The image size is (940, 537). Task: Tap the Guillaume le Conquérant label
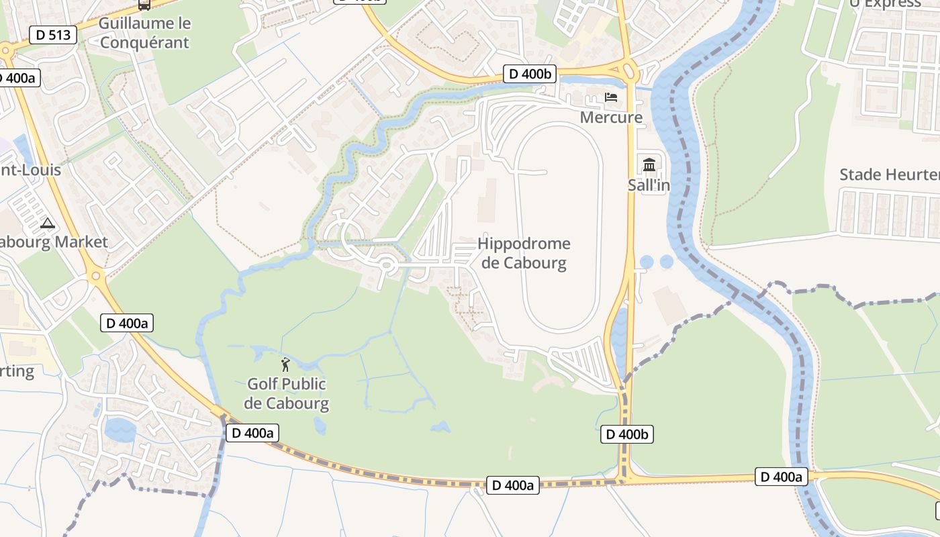[144, 33]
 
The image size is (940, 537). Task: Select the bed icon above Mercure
[611, 97]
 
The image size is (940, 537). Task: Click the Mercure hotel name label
[611, 117]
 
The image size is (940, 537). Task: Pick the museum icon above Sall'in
[649, 164]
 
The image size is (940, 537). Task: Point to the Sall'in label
[649, 185]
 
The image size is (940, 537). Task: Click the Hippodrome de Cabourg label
[524, 253]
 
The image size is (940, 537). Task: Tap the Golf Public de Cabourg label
[287, 393]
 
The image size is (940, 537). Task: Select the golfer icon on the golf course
[286, 364]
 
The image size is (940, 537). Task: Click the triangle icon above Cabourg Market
[47, 223]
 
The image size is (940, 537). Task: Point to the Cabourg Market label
[54, 242]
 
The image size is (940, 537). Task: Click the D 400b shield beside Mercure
[530, 74]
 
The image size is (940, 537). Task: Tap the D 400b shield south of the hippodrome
[627, 434]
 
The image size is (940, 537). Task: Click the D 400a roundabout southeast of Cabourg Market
[95, 275]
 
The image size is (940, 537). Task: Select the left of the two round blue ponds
[647, 261]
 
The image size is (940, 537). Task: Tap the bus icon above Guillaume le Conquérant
[144, 4]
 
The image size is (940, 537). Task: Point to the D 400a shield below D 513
[17, 78]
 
